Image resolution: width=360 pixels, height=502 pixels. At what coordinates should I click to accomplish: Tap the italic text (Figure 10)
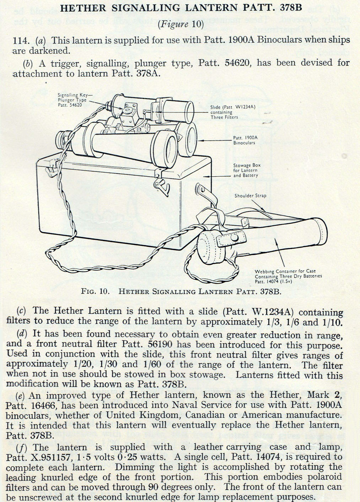point(181,24)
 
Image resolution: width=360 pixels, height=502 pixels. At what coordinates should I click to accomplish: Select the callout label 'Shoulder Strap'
point(250,196)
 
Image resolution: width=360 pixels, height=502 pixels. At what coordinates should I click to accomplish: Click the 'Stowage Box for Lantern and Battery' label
point(245,170)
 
